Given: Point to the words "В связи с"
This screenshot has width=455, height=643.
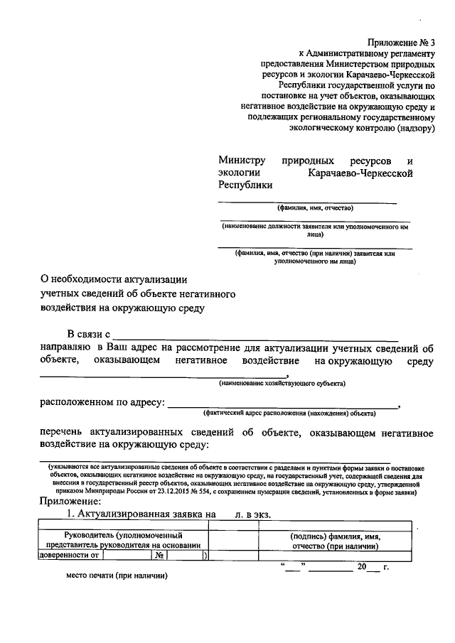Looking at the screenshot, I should click(89, 335).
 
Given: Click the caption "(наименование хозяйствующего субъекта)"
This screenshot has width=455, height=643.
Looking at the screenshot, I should click(282, 384).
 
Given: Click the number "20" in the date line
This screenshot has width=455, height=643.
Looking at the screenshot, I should click(363, 567).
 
